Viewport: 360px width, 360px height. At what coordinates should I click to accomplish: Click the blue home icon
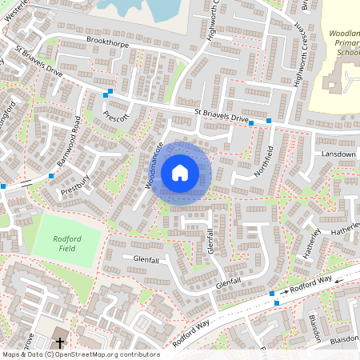180,172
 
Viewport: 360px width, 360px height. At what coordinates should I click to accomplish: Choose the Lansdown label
338,154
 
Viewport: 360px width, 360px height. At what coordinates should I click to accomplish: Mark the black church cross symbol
60,342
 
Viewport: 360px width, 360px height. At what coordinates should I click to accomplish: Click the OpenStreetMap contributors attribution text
80,354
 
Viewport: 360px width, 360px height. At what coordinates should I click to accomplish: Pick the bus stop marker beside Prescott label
108,94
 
